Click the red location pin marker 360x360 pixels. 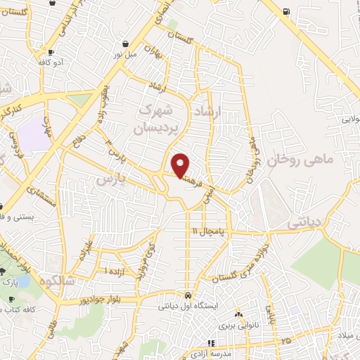(181, 165)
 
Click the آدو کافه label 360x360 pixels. (54, 63)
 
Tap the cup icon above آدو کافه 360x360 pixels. (51, 53)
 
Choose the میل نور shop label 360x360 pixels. (127, 53)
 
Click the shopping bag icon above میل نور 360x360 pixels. (125, 42)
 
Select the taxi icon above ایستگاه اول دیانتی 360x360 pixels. (188, 295)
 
